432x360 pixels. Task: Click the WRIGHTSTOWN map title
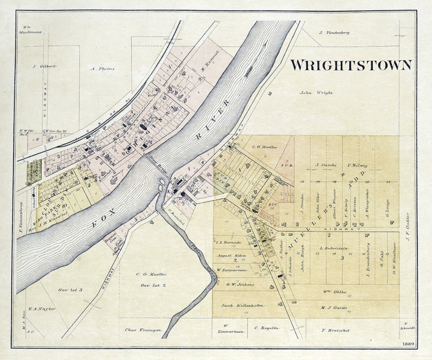351,65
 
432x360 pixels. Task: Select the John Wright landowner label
316,93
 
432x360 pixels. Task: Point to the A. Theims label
102,69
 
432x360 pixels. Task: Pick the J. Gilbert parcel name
44,66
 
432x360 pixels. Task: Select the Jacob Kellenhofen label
242,305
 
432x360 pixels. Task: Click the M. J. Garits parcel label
334,308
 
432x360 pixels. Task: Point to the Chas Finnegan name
143,330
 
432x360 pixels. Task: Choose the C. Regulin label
267,328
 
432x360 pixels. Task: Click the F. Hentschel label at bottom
336,330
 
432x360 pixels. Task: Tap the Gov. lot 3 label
70,290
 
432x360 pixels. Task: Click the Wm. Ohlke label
334,292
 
